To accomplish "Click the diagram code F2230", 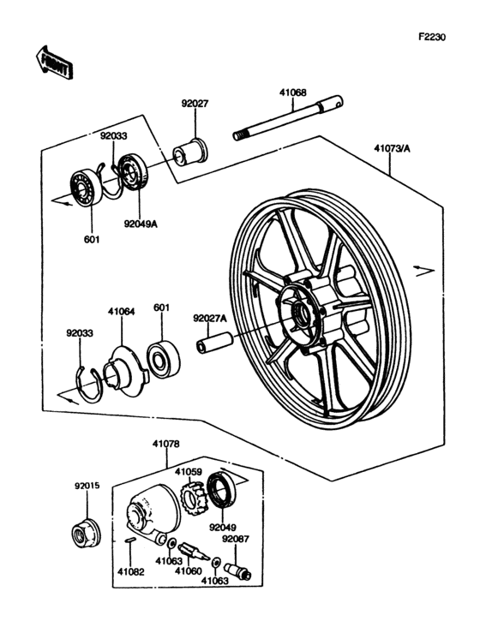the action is pyautogui.click(x=432, y=37).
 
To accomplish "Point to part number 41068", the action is pyautogui.click(x=293, y=93).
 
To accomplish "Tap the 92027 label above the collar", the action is pyautogui.click(x=195, y=104).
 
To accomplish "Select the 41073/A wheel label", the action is pyautogui.click(x=392, y=148).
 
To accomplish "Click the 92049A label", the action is pyautogui.click(x=141, y=224).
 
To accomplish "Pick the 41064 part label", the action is pyautogui.click(x=121, y=311).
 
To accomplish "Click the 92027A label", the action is pyautogui.click(x=210, y=319).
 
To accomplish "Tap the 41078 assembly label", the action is pyautogui.click(x=165, y=444).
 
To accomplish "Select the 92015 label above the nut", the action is pyautogui.click(x=87, y=486).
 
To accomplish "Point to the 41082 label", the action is pyautogui.click(x=131, y=572).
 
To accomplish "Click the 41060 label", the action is pyautogui.click(x=189, y=570).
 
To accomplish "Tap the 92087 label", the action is pyautogui.click(x=235, y=539).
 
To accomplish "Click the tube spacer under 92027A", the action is pyautogui.click(x=214, y=343).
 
